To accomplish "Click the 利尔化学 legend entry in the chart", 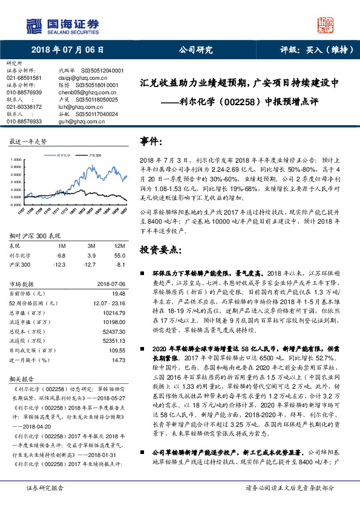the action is pyautogui.click(x=62, y=155).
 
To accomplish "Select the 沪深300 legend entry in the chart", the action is pyautogui.click(x=94, y=155).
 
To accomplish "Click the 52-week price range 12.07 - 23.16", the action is pyautogui.click(x=108, y=301).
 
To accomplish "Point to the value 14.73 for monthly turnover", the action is pyautogui.click(x=117, y=359).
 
